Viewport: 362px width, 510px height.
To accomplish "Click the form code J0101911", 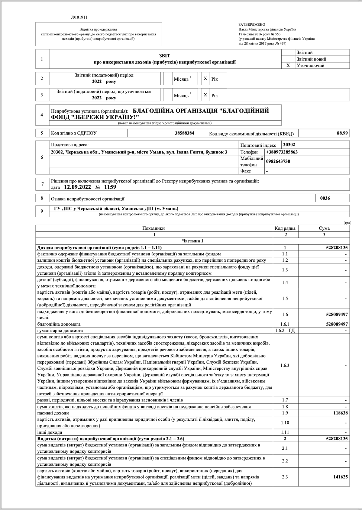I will click(x=79, y=17).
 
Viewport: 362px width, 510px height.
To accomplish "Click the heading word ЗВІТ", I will click(x=164, y=56).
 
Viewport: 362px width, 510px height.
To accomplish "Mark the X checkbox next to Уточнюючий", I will click(x=288, y=65).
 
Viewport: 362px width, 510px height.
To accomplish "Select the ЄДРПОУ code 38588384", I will click(x=184, y=133).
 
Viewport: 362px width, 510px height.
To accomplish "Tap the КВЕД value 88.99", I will click(x=342, y=133).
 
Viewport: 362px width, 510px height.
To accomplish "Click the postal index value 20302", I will click(x=289, y=145).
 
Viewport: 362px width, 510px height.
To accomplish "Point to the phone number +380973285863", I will click(x=282, y=152).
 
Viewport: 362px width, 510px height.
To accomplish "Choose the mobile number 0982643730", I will click(x=278, y=161).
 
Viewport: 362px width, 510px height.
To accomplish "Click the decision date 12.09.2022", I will click(x=77, y=187).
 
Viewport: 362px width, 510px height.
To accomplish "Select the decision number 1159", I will click(x=110, y=187).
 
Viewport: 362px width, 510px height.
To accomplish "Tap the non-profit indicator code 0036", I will click(x=325, y=198).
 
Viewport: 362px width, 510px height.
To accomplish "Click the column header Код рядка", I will click(x=285, y=228).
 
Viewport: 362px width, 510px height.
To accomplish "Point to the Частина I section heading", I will click(x=193, y=241).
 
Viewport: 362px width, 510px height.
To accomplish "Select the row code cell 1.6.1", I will click(x=285, y=324).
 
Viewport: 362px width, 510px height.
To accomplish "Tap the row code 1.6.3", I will click(x=285, y=365).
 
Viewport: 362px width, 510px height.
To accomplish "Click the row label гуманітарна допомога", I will click(x=60, y=330).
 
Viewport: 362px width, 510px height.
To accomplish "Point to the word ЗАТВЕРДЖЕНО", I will click(x=252, y=25).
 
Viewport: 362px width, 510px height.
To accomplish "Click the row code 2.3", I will click(x=285, y=477).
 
